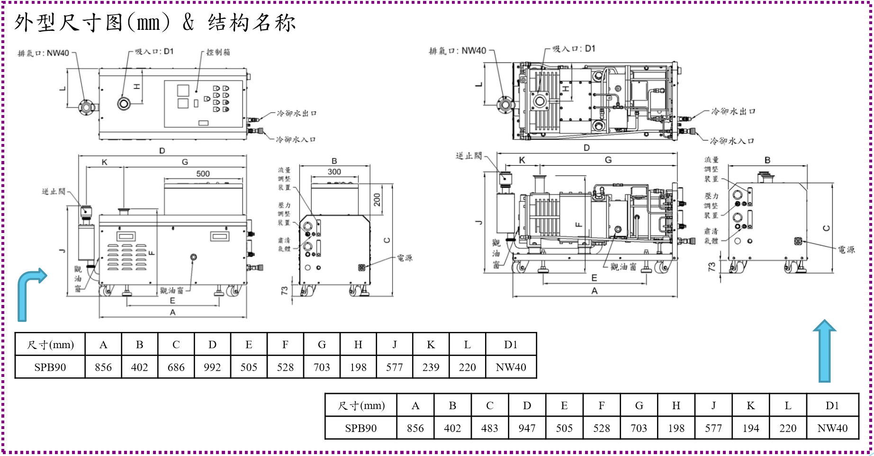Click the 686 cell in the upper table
coord(176,367)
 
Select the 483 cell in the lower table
coord(489,428)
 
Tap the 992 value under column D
coord(212,367)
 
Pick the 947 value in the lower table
coord(527,428)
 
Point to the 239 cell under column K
coord(431,367)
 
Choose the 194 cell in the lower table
coord(750,428)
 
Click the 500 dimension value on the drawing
coord(203,174)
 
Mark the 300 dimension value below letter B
coord(334,172)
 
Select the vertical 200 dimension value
coord(377,200)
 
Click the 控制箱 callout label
coord(218,52)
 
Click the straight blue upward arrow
coord(825,350)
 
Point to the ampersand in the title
coord(188,22)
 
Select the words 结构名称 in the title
coord(252,22)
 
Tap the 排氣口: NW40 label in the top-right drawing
coord(457,51)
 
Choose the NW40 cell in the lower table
coord(832,428)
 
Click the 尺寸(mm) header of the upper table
coord(50,344)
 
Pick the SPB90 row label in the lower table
coord(360,428)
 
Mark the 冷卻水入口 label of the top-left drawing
coord(296,140)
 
